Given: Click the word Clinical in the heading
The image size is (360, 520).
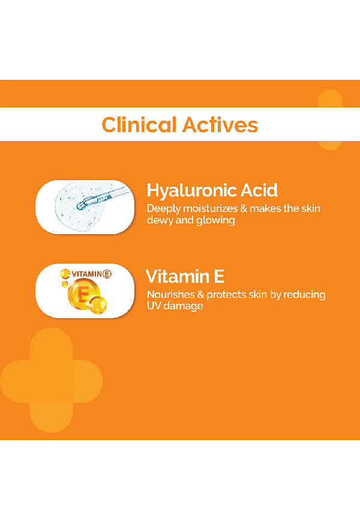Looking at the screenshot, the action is click(139, 125).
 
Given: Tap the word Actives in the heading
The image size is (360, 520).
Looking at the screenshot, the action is click(220, 125).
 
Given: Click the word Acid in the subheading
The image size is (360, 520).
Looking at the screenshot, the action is click(259, 190).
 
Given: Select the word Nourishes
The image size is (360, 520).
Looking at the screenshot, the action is click(170, 294).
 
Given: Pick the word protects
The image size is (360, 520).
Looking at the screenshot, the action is click(226, 295).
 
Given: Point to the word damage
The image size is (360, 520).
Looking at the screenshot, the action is click(184, 306).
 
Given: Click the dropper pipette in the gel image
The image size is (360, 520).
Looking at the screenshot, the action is click(102, 198).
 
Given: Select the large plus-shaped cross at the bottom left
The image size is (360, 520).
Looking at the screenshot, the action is click(52, 381).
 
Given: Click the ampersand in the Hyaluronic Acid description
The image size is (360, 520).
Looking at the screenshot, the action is click(244, 208).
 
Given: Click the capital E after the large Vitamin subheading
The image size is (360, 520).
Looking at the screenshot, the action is click(219, 277).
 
